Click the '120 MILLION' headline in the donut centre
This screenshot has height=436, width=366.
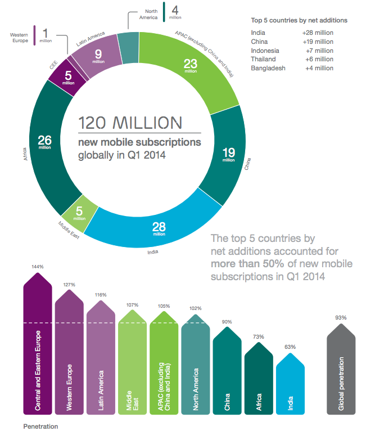(130, 123)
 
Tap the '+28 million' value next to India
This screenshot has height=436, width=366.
(318, 33)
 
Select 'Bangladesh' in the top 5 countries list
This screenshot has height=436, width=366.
(269, 68)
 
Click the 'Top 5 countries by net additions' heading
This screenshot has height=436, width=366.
(299, 20)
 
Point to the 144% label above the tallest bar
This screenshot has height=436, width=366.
(37, 266)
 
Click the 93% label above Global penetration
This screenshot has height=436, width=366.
(341, 318)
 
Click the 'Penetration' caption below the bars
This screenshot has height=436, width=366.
(41, 426)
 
